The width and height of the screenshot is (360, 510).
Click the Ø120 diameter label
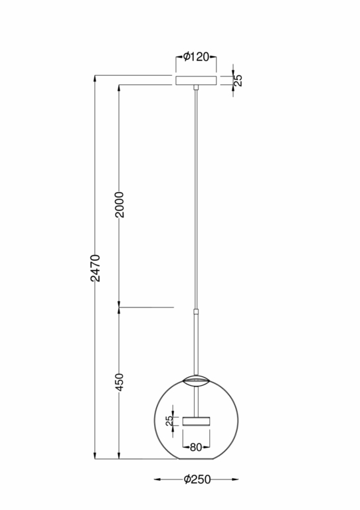click(196, 57)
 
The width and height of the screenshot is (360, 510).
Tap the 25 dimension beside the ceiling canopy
click(239, 80)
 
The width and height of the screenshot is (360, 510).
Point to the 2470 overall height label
click(96, 267)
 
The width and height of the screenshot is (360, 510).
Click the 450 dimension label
click(120, 382)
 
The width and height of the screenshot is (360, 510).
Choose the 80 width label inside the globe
click(196, 447)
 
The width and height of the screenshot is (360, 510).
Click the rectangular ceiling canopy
click(196, 80)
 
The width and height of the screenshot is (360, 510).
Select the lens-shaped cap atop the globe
click(196, 380)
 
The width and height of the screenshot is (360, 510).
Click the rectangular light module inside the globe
click(196, 421)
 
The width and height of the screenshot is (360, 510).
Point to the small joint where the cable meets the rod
click(196, 309)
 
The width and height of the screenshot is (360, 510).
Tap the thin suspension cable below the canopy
click(196, 199)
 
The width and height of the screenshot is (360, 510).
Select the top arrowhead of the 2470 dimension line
click(96, 78)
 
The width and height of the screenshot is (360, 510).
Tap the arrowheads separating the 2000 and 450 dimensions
click(120, 307)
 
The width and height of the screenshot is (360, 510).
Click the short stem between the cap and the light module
click(196, 400)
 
